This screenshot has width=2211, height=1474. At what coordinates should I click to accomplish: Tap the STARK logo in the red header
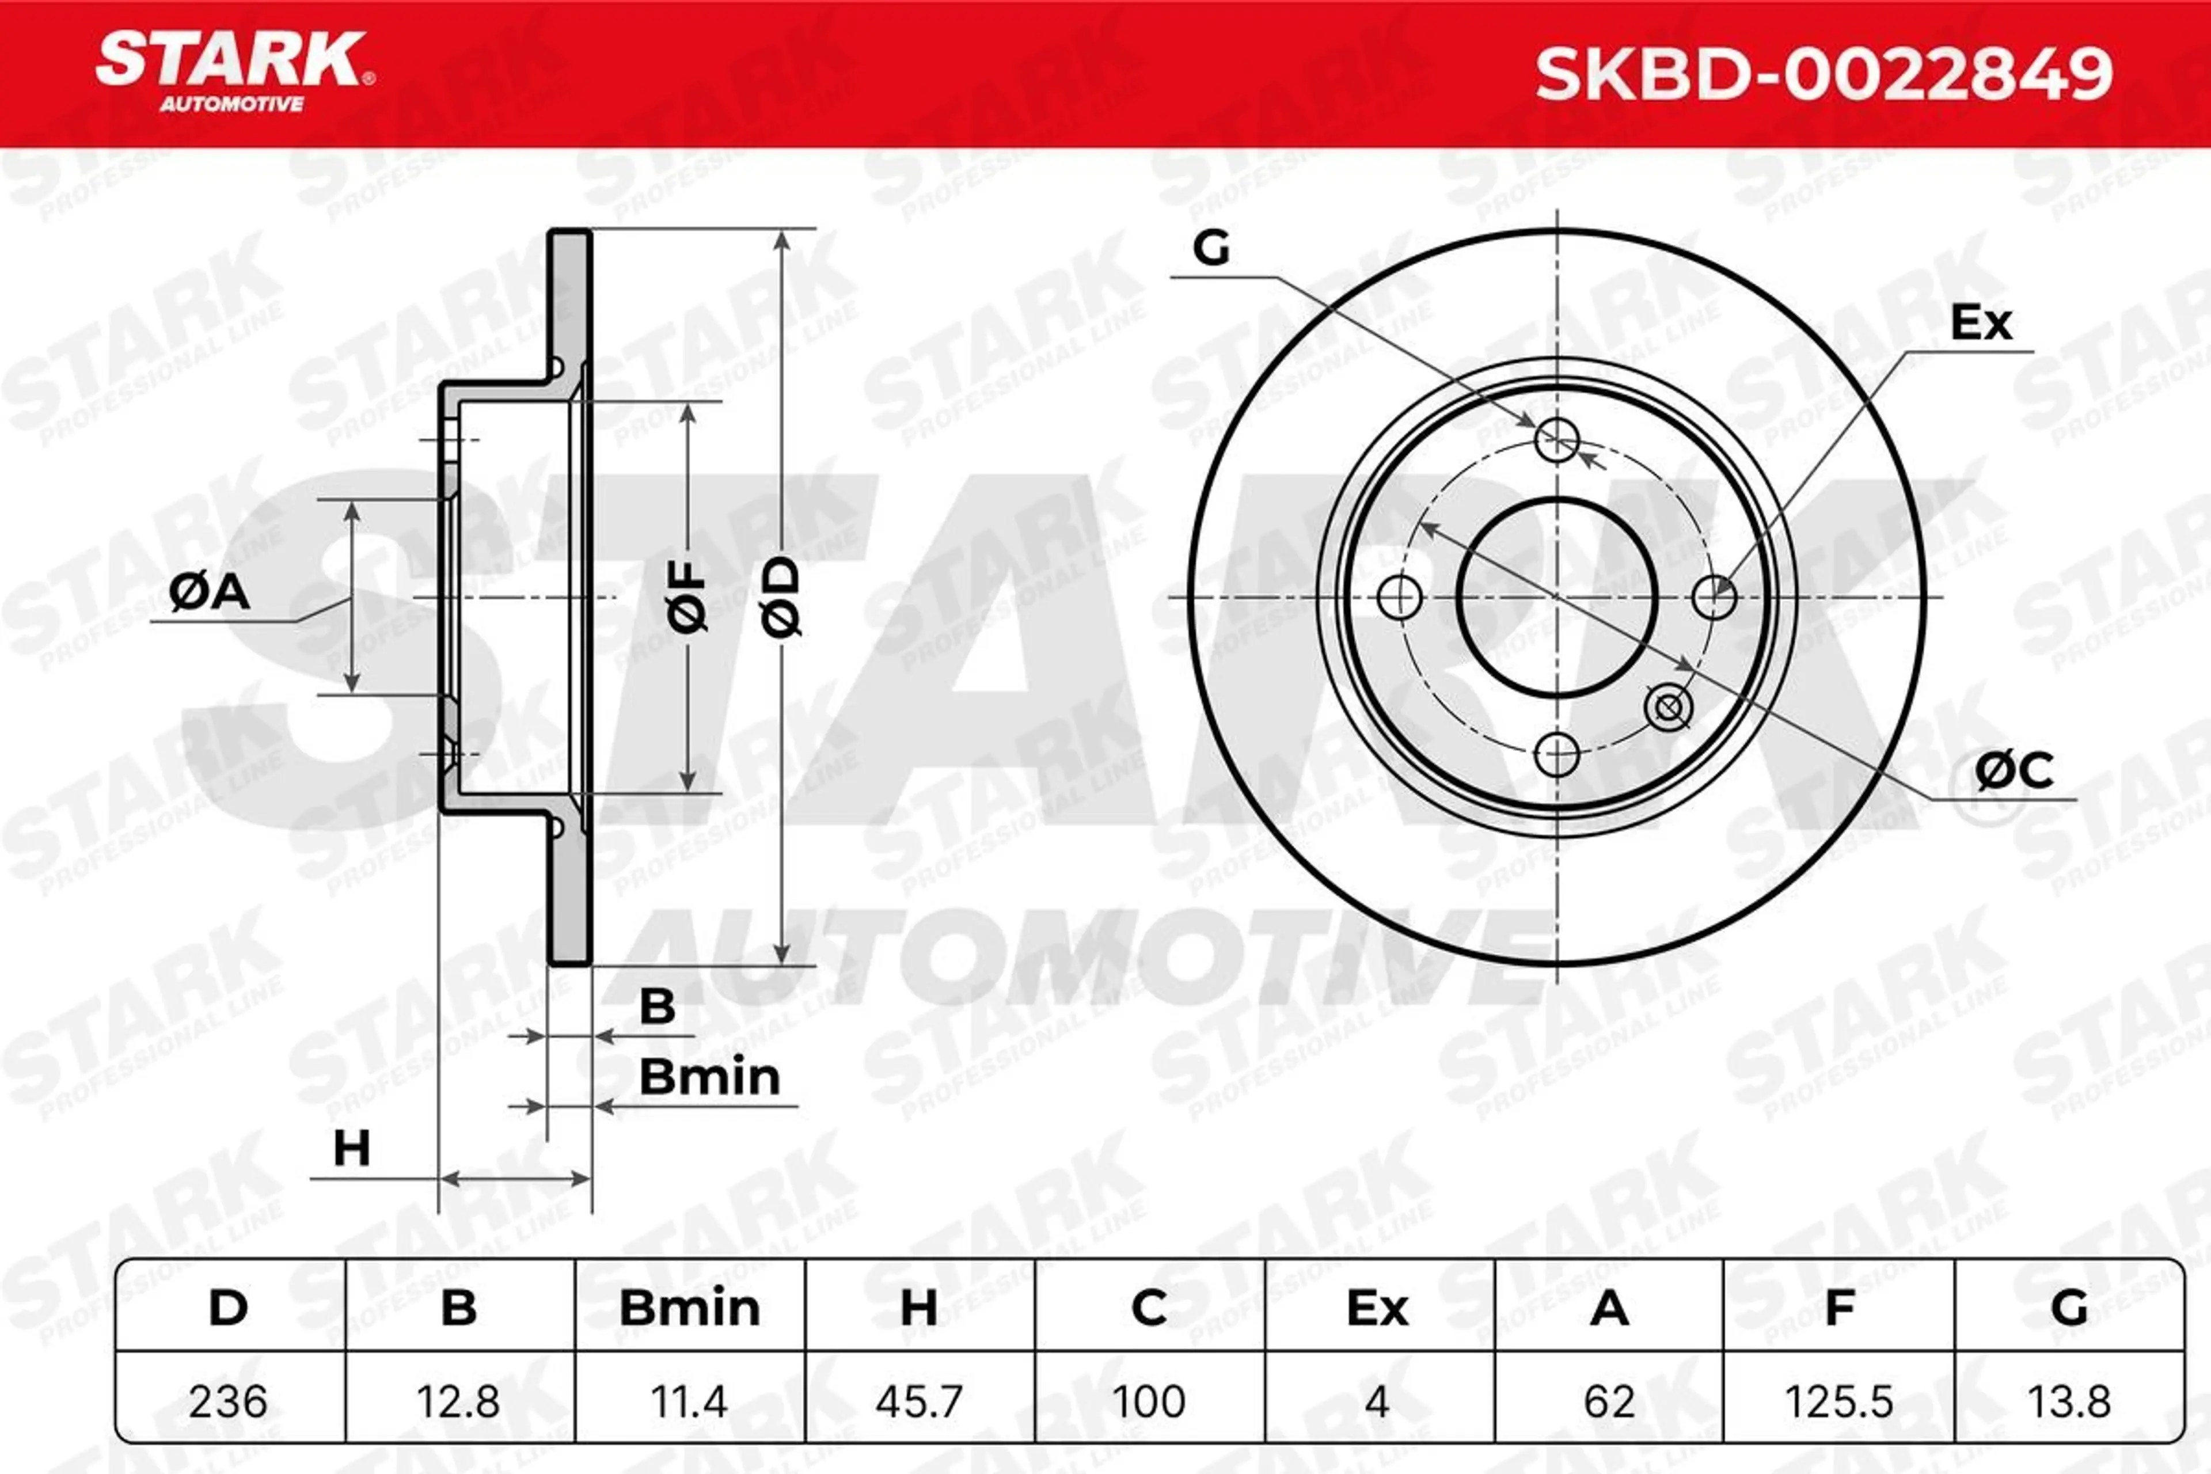coord(235,73)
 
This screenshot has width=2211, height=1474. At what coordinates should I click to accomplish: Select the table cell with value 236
coord(229,1401)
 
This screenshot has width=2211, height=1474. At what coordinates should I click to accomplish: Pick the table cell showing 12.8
coord(459,1401)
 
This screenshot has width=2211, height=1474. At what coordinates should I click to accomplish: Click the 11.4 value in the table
coord(689,1401)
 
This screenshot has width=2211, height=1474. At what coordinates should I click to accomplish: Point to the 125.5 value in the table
coord(1838,1401)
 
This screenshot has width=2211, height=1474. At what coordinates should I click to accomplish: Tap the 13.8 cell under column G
coord(2069,1401)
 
